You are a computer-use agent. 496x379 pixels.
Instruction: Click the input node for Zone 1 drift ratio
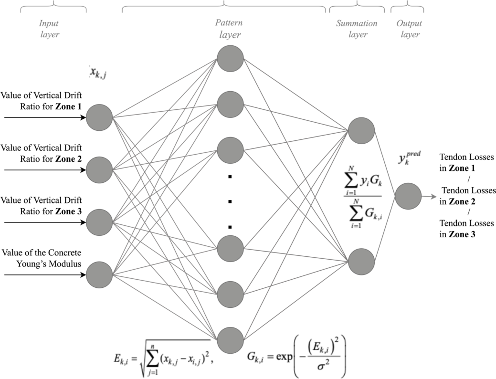pos(99,118)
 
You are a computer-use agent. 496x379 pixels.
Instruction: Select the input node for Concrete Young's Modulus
pos(99,275)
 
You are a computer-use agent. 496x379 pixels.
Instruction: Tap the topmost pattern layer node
pos(230,58)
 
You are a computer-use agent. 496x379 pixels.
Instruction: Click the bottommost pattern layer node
pos(230,341)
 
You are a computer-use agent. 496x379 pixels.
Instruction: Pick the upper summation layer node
pos(361,131)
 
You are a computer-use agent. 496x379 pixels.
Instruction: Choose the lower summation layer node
pos(361,261)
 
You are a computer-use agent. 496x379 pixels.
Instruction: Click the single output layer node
pos(408,196)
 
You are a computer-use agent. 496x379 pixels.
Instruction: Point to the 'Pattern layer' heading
pos(229,29)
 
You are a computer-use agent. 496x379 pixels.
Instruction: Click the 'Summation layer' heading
pos(357,29)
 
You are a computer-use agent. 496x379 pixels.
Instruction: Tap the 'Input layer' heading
pos(49,29)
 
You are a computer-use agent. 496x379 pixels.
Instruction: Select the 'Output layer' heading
pos(409,29)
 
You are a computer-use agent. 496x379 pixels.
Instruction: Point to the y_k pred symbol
pos(409,158)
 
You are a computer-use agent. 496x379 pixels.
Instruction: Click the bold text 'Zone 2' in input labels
pos(68,159)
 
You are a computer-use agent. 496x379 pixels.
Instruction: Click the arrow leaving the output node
pos(429,197)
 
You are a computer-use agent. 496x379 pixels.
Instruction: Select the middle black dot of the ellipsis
pos(230,202)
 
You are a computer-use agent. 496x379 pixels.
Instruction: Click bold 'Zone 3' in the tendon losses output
pos(462,235)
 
